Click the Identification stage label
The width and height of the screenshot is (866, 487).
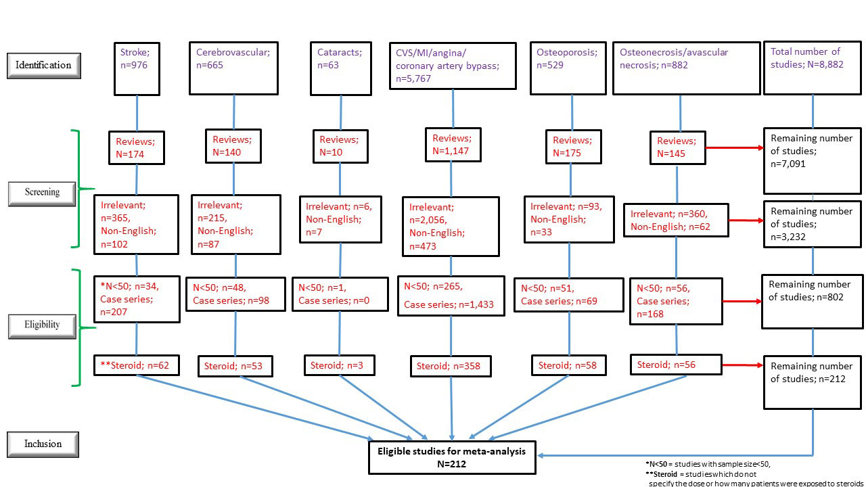click(44, 66)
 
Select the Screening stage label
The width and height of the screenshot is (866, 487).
click(43, 192)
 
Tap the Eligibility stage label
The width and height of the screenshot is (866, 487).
click(43, 325)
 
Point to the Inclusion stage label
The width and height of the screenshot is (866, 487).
click(43, 444)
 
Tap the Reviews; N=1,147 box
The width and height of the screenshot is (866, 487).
click(453, 145)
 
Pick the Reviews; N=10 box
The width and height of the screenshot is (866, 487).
click(340, 145)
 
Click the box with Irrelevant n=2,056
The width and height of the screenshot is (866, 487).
click(450, 227)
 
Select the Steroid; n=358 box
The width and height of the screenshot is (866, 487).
click(450, 367)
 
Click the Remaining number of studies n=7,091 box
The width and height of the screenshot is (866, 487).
click(813, 160)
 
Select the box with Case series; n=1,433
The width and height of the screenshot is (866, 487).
click(450, 296)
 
